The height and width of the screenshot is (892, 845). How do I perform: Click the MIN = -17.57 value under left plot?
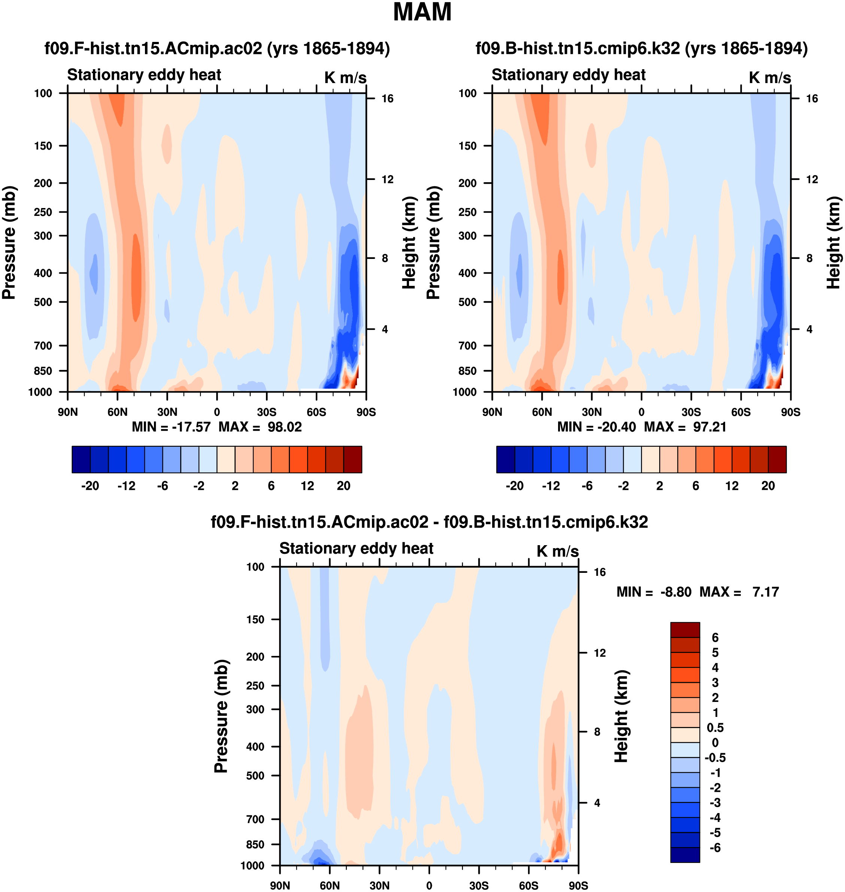[x=171, y=427]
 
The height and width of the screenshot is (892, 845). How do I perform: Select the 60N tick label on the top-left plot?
[x=117, y=412]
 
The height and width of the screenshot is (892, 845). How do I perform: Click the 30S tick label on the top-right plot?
[x=691, y=412]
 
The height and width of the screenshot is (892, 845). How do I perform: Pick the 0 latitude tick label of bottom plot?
[x=429, y=885]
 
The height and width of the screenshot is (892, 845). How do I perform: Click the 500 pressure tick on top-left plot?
[x=43, y=302]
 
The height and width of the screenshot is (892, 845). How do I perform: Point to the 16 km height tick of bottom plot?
[x=600, y=572]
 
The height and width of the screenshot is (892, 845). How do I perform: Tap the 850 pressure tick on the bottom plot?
[x=255, y=844]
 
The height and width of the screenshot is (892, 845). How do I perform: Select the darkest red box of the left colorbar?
[x=353, y=459]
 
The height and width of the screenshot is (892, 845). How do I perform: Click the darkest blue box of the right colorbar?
[x=505, y=459]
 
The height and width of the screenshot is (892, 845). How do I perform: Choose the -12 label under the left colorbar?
[x=126, y=486]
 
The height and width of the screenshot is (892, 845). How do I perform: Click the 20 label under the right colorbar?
[x=768, y=486]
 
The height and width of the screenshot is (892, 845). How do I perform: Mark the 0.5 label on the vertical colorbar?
[x=715, y=728]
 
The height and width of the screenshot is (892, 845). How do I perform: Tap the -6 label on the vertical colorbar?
[x=715, y=848]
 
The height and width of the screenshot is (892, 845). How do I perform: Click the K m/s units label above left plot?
[x=345, y=78]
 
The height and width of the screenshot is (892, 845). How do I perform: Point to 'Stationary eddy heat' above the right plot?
[x=569, y=75]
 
